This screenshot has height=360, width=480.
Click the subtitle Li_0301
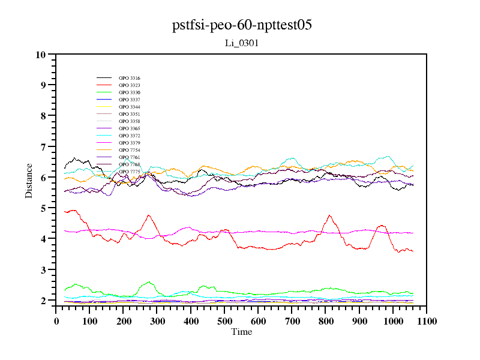click(x=241, y=43)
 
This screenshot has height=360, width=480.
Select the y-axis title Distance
click(x=29, y=180)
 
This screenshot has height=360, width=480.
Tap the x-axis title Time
click(x=241, y=332)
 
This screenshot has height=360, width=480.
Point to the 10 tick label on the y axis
click(x=41, y=55)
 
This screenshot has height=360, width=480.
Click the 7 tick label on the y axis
click(x=43, y=147)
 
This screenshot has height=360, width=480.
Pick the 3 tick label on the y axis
click(x=43, y=270)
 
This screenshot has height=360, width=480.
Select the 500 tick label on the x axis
click(x=224, y=321)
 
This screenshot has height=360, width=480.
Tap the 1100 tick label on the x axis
click(x=426, y=321)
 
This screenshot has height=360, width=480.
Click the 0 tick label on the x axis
click(x=56, y=321)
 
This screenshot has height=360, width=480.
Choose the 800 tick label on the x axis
click(x=325, y=321)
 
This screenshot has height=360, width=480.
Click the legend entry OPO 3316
click(x=129, y=79)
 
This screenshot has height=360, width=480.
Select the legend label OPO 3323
click(x=129, y=86)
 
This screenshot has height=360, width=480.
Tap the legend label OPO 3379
click(x=129, y=143)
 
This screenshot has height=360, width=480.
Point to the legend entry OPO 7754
click(x=129, y=151)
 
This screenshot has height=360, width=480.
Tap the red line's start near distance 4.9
click(x=65, y=211)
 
